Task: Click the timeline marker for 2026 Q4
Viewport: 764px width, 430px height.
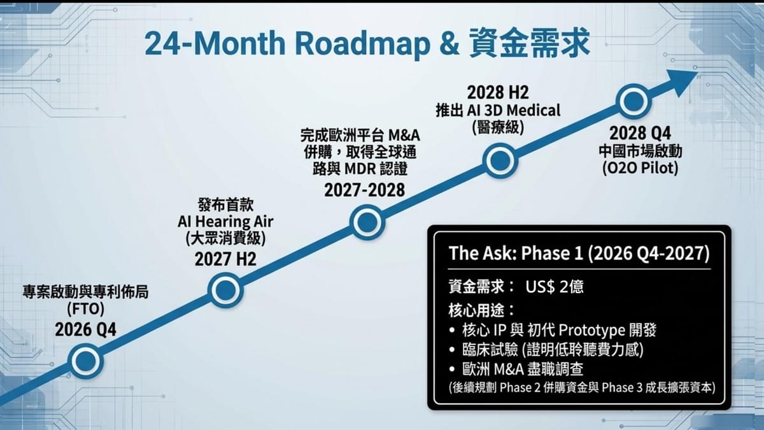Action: click(x=85, y=361)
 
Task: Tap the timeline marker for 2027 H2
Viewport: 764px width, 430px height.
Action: click(x=225, y=290)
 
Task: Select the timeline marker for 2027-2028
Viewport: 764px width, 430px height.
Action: click(x=367, y=222)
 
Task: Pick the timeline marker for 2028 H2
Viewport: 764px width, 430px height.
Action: click(x=500, y=161)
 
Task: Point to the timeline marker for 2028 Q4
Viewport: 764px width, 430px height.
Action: click(x=633, y=101)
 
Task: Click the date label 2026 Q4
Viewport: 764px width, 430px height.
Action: click(x=85, y=330)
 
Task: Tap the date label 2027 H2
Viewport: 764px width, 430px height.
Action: click(x=225, y=259)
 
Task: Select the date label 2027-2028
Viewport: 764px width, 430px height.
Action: click(x=365, y=190)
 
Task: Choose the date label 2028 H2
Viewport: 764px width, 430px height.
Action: click(x=498, y=92)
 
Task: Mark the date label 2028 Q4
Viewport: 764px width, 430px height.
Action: click(x=640, y=133)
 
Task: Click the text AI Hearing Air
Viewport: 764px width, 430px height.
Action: click(x=225, y=222)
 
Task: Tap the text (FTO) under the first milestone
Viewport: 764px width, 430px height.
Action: click(x=85, y=310)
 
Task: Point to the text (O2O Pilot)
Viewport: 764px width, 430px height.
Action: click(x=640, y=168)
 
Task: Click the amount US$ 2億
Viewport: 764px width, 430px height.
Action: click(x=555, y=287)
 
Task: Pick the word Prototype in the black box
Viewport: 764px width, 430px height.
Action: click(x=591, y=330)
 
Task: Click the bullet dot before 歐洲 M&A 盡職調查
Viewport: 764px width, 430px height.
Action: click(x=452, y=369)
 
